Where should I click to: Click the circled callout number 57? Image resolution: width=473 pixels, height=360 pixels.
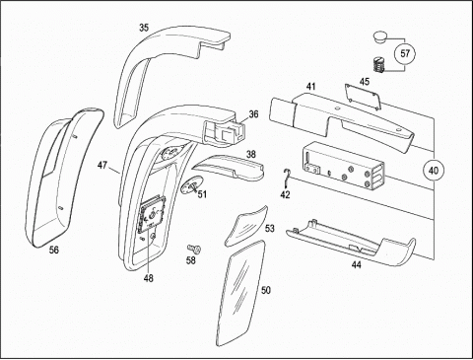click(405, 53)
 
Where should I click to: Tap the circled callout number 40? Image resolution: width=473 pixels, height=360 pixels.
click(434, 171)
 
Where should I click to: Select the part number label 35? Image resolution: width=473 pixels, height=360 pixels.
click(144, 28)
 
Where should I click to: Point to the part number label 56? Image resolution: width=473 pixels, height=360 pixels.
click(54, 250)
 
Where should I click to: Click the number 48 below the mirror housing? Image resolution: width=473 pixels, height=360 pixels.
click(149, 278)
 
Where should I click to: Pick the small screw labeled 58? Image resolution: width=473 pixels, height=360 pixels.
click(194, 249)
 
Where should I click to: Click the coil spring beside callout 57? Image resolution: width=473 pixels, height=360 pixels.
click(378, 65)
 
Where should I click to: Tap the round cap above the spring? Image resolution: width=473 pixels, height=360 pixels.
click(380, 36)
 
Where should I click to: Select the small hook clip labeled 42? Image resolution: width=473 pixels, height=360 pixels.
click(287, 178)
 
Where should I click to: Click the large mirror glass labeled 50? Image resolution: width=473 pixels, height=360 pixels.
click(240, 294)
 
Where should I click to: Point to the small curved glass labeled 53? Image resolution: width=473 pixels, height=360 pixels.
click(245, 226)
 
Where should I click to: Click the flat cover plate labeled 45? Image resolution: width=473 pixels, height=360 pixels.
click(363, 98)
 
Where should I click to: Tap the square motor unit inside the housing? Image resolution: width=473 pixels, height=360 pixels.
click(152, 214)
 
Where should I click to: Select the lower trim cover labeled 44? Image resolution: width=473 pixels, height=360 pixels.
click(351, 240)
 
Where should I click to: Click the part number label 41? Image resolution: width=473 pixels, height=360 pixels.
click(310, 87)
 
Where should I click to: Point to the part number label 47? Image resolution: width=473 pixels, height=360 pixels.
click(102, 165)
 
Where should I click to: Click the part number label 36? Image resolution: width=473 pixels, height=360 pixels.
click(253, 114)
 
